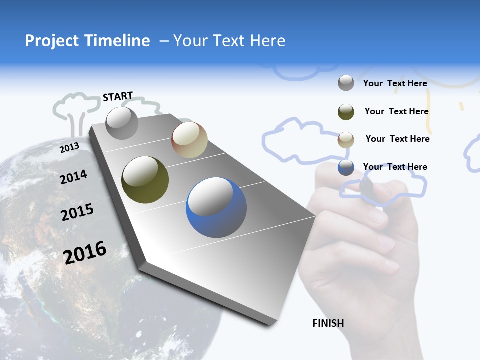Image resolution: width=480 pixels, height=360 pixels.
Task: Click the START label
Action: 118,96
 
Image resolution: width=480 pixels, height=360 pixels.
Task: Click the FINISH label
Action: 328,323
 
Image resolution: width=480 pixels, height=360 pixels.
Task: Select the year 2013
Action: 69,148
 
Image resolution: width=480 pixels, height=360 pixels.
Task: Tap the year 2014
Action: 73,177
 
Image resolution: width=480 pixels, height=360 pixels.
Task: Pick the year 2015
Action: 77,212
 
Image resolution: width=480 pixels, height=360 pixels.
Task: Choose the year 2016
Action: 85,252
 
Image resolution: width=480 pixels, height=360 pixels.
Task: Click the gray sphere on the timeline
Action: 122,123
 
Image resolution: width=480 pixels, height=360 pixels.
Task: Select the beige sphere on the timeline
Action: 189,140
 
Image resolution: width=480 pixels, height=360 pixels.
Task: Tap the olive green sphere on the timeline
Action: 145,180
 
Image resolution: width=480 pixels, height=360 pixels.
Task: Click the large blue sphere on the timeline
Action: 216,207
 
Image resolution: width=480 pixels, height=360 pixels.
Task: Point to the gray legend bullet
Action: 346,83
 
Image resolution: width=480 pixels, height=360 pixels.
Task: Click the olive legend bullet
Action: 346,111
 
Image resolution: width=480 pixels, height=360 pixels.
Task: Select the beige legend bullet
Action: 346,139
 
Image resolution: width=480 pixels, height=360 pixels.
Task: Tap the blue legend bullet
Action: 346,167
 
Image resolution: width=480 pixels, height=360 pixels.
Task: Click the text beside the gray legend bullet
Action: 395,83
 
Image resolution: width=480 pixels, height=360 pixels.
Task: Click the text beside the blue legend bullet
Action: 395,167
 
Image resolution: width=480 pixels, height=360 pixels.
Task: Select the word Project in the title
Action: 52,41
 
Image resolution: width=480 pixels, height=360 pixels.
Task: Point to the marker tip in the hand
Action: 366,187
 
